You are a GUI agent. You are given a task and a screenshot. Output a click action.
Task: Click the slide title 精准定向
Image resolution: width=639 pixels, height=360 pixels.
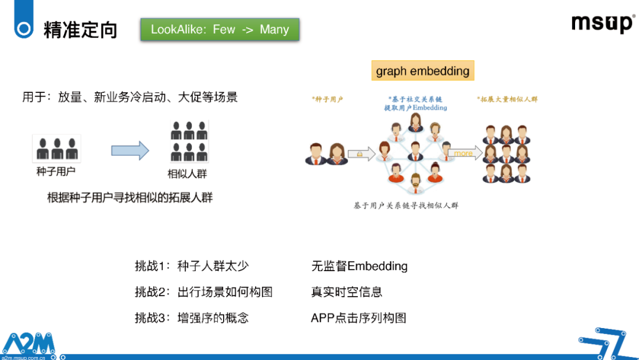(80, 30)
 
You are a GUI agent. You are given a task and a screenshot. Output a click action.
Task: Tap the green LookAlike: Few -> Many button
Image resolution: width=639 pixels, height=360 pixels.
(220, 30)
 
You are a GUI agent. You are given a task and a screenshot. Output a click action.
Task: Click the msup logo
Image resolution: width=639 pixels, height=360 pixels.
(603, 23)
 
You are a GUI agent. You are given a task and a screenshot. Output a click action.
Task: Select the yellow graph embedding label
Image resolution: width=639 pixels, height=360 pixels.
(422, 71)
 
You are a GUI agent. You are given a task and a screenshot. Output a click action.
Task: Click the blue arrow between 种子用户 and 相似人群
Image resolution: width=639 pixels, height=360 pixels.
(130, 151)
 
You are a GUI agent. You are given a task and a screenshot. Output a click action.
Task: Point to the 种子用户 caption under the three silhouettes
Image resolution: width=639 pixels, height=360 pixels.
(56, 172)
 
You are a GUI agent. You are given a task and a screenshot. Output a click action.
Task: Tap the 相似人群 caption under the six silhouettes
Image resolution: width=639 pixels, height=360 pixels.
(188, 174)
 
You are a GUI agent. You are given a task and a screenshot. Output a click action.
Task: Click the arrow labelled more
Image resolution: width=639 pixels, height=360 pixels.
(465, 153)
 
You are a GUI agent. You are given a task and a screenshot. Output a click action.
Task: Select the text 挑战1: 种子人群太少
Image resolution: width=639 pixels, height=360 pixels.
(192, 266)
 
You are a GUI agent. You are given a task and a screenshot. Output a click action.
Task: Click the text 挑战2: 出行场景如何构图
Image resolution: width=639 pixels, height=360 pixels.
(204, 292)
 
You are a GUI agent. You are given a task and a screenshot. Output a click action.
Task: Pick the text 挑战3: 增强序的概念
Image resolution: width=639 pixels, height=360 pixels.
(192, 318)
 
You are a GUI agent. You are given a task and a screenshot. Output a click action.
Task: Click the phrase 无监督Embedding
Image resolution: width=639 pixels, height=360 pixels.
(359, 266)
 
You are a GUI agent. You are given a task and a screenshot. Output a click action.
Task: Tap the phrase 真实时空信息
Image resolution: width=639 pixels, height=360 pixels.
(346, 292)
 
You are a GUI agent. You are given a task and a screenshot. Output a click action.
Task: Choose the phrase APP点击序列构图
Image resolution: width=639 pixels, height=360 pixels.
(359, 318)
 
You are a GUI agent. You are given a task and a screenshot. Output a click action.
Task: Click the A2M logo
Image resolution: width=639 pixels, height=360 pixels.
(28, 345)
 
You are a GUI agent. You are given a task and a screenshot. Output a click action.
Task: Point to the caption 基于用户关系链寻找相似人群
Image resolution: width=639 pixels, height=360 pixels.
(406, 205)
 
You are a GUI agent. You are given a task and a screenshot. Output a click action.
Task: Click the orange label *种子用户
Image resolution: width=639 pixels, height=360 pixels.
(328, 99)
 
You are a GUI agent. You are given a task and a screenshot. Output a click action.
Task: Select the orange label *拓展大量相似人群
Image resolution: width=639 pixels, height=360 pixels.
(508, 99)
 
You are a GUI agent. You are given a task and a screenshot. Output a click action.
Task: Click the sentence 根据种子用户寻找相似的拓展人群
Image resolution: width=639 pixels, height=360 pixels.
(130, 198)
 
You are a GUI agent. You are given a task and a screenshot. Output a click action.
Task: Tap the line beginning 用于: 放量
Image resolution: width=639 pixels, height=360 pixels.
(130, 97)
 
